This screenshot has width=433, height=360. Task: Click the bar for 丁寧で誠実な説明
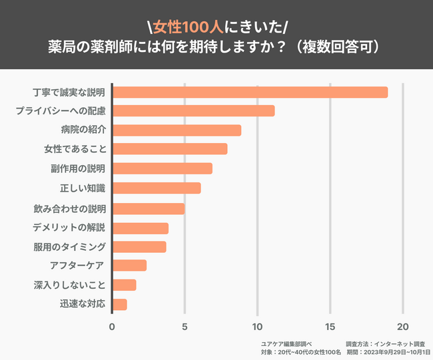(x=250, y=92)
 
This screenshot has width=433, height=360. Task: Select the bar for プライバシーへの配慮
(x=193, y=111)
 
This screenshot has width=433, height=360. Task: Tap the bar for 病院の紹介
(x=177, y=130)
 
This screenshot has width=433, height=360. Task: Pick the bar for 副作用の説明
(x=162, y=169)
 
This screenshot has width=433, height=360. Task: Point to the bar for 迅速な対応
(x=119, y=305)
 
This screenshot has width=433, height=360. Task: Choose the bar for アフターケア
(x=129, y=266)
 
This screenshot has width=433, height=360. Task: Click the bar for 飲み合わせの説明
(x=148, y=208)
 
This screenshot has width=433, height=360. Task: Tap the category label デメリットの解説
(x=69, y=228)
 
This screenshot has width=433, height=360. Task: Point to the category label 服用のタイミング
(x=69, y=247)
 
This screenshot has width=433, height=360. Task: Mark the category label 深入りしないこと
(x=69, y=285)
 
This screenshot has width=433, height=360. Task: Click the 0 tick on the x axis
(x=112, y=327)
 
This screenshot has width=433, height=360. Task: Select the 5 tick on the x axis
(x=185, y=327)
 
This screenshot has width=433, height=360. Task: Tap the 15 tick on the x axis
(x=330, y=327)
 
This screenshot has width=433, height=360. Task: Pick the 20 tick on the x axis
(x=402, y=327)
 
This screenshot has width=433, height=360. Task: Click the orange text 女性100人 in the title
(x=184, y=27)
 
